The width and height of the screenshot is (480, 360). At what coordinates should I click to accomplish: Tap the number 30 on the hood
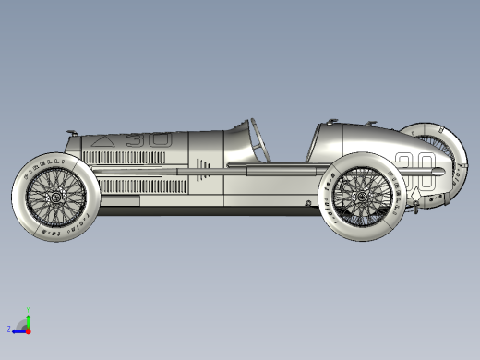tap(149, 140)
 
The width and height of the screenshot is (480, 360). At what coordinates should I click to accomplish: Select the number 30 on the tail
tap(414, 166)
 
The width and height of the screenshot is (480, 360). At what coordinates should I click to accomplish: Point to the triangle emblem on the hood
tap(103, 141)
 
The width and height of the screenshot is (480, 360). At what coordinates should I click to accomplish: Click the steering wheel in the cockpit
tap(257, 138)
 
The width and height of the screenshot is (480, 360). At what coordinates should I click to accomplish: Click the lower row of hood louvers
tap(138, 186)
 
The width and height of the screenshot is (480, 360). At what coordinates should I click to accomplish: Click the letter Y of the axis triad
tap(29, 309)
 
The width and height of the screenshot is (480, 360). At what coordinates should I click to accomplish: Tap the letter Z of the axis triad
tap(9, 329)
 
